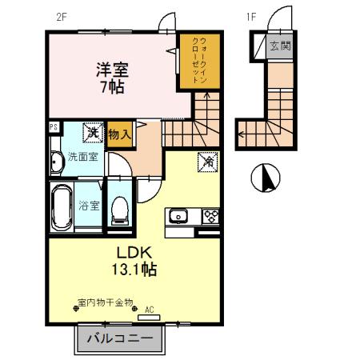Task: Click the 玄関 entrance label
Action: [280, 46]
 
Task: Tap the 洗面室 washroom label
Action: [82, 157]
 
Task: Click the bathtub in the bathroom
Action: [62, 206]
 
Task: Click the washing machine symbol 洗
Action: [93, 130]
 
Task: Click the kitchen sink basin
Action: [178, 216]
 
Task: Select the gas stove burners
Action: [210, 216]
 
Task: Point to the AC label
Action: [149, 308]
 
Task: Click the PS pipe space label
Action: [54, 126]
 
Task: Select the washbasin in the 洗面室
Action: [55, 163]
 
